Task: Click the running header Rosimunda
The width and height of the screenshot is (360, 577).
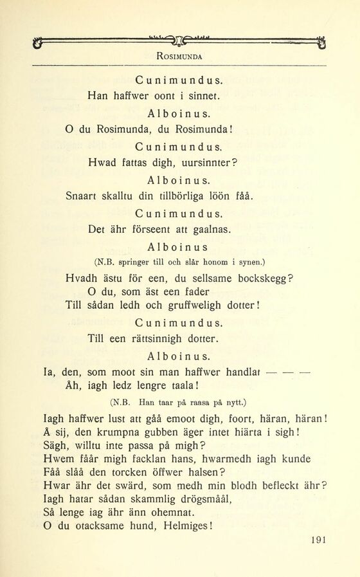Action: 179,56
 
